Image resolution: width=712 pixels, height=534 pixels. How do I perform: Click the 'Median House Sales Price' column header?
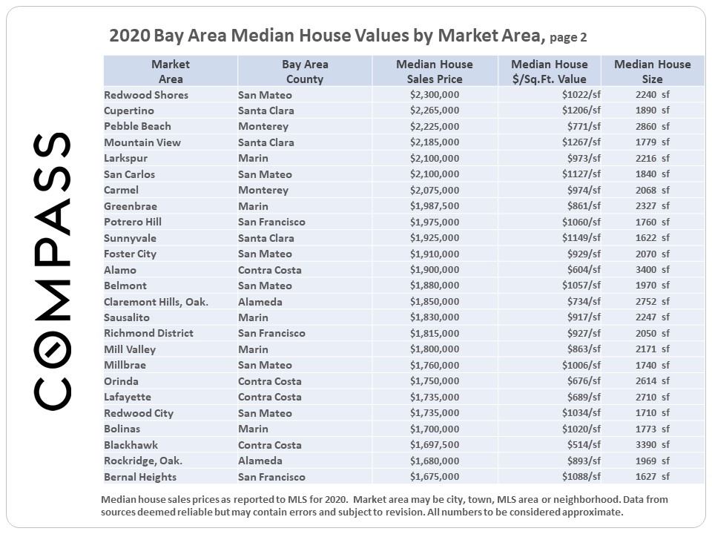click(434, 71)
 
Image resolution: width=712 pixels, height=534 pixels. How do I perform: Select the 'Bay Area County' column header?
click(304, 71)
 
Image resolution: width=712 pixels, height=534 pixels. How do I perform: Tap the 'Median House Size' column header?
click(652, 71)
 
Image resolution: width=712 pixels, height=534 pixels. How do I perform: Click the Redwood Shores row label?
click(146, 95)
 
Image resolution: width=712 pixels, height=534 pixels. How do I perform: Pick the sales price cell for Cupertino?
click(434, 111)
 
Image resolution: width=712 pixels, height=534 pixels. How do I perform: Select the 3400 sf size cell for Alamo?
click(652, 270)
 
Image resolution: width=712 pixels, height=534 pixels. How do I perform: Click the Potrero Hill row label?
click(133, 222)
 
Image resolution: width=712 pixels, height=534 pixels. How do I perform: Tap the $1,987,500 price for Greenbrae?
click(434, 206)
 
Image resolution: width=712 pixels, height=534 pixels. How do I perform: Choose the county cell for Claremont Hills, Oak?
click(260, 302)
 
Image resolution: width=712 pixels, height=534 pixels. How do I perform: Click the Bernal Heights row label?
click(140, 477)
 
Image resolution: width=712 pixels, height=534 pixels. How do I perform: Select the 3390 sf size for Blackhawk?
click(652, 445)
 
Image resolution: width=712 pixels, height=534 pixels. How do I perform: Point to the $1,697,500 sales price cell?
click(434, 445)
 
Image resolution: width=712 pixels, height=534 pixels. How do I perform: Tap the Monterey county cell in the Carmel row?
click(263, 190)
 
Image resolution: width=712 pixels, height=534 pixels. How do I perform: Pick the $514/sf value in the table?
click(584, 445)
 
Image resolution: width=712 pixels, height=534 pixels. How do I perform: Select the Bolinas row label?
click(122, 429)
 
